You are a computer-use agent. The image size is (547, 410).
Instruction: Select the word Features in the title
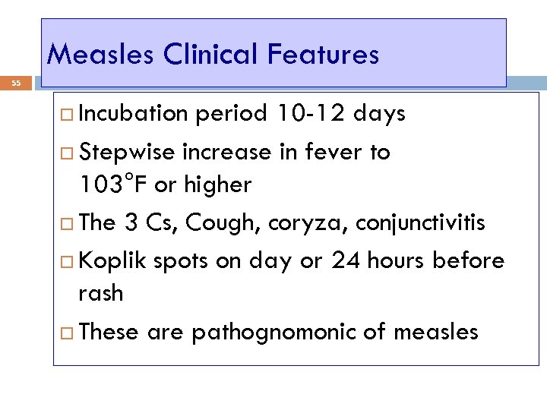coord(324,54)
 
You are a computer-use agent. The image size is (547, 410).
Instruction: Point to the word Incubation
coord(134,114)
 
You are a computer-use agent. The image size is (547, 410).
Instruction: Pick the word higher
coord(214,184)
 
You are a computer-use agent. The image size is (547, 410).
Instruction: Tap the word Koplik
coord(112,261)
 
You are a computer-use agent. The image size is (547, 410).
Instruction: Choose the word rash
coord(100,293)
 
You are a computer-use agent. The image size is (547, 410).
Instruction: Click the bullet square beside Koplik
coord(67,262)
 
